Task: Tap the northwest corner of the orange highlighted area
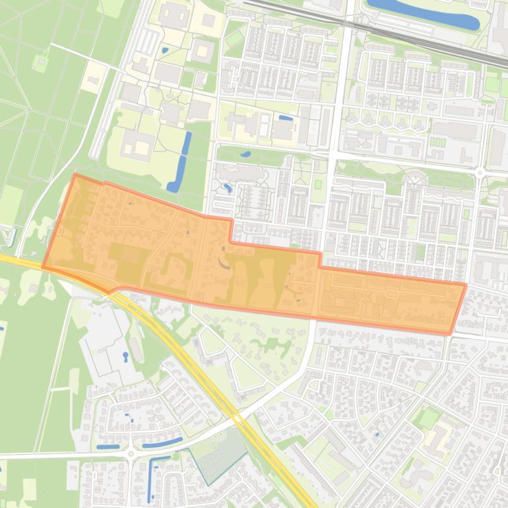pos(75,175)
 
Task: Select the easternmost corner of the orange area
pos(465,285)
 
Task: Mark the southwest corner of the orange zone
pos(44,267)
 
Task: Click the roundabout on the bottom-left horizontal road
pos(131,454)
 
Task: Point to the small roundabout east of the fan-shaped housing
pos(480,173)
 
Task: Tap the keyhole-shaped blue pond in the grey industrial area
pos(125,357)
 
